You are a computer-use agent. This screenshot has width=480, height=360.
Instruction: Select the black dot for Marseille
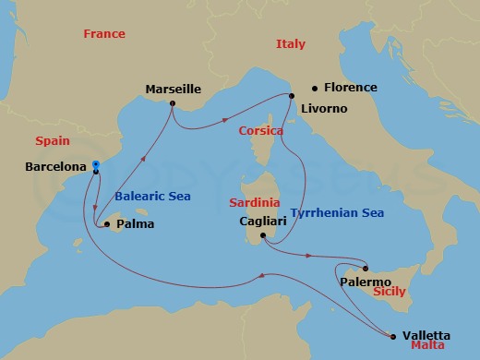[x=173, y=103]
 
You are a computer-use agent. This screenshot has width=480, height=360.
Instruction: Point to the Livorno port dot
[x=292, y=95]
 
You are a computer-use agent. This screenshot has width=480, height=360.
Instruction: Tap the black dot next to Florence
[x=315, y=89]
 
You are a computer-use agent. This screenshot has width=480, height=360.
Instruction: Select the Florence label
[x=351, y=88]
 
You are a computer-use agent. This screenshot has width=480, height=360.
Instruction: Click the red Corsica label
[x=260, y=131]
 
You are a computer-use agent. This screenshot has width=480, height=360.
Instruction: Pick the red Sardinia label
[x=254, y=202]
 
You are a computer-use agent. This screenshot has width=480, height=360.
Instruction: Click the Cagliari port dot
[x=263, y=235]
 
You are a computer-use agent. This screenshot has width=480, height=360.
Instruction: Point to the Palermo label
[x=365, y=281]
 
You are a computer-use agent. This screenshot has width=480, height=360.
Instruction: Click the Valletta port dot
[x=393, y=336]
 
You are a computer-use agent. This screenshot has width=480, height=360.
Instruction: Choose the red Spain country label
[x=52, y=141]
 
